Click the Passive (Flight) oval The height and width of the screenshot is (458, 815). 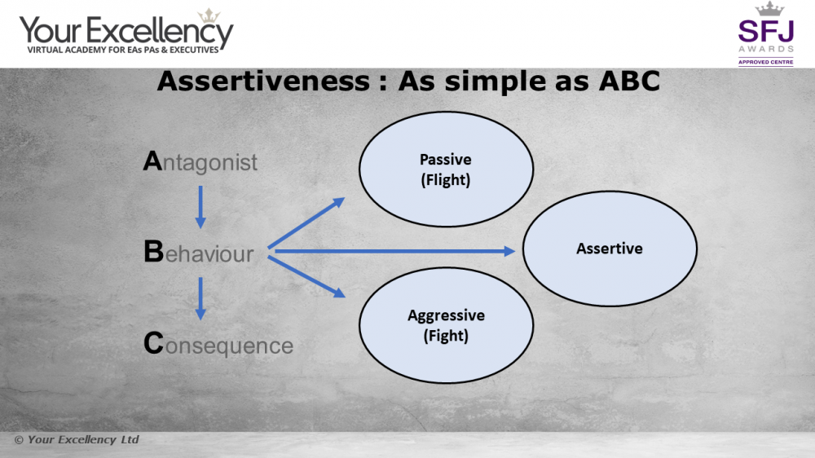[446, 169]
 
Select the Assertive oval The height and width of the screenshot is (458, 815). [610, 249]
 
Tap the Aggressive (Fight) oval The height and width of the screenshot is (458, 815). [446, 325]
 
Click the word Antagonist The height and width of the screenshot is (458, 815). [200, 161]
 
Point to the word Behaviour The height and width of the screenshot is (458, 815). [199, 252]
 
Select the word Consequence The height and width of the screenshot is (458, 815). [218, 344]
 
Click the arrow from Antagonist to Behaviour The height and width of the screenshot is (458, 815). [200, 208]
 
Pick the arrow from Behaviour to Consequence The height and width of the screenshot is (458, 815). [200, 299]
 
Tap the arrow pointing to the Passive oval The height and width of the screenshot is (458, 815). [306, 223]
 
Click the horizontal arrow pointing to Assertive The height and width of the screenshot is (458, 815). [394, 252]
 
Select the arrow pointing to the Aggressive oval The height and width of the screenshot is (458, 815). [306, 276]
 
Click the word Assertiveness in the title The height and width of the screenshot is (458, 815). [263, 81]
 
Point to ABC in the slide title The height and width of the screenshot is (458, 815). [629, 81]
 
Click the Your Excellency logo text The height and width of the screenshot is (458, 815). [126, 31]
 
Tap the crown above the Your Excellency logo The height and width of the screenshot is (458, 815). [209, 15]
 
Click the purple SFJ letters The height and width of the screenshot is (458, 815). [765, 31]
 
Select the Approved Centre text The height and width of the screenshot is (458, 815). [765, 63]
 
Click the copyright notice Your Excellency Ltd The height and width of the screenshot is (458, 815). [77, 440]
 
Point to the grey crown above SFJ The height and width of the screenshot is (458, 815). [769, 9]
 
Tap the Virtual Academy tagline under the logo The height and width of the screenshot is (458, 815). [123, 50]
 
